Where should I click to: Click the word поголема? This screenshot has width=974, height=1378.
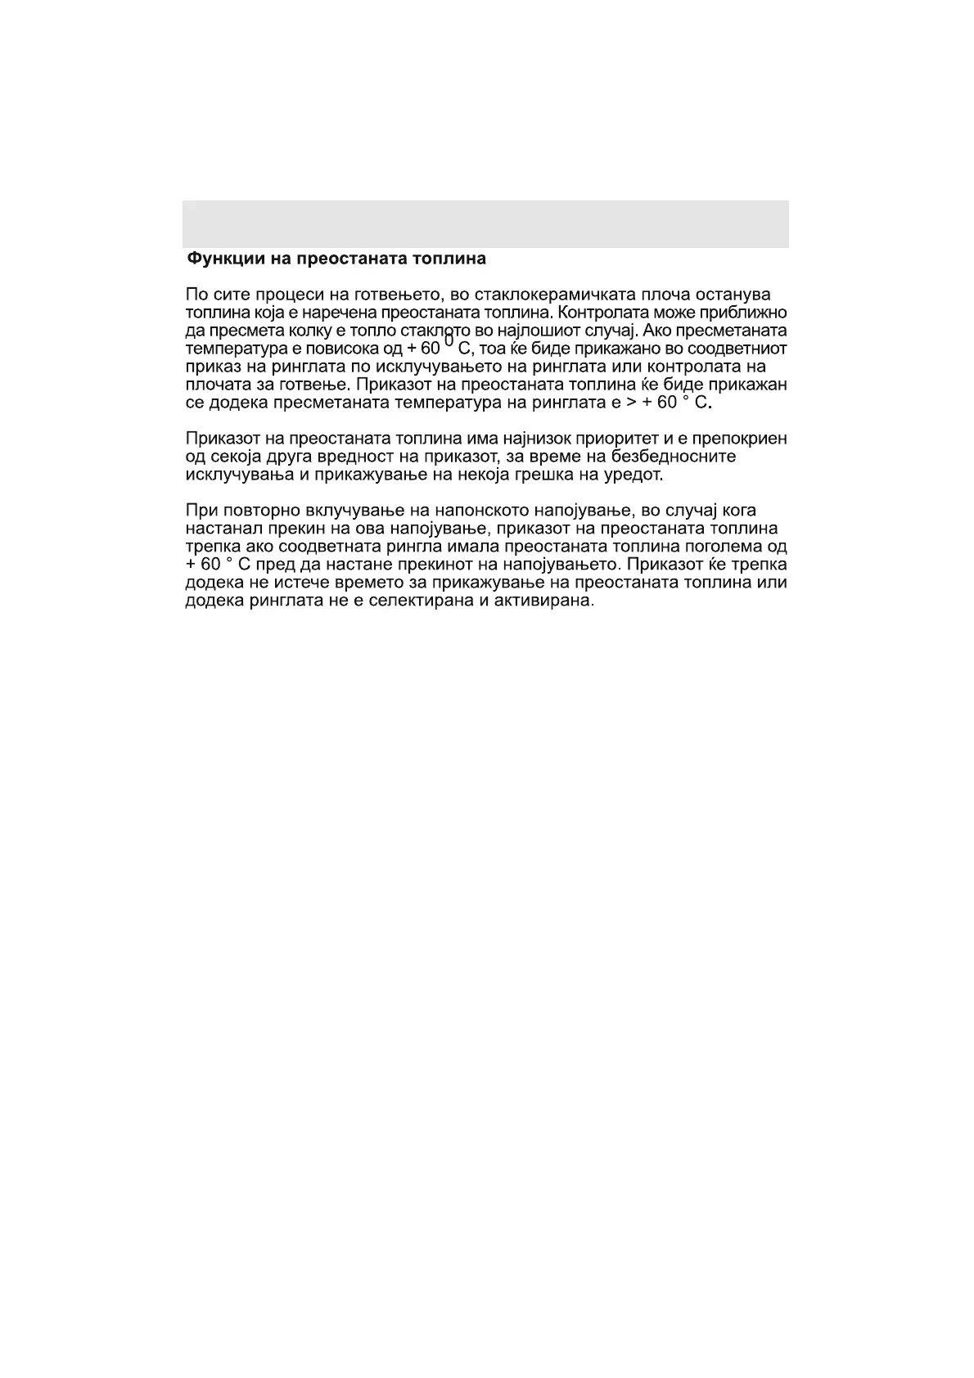[724, 547]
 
